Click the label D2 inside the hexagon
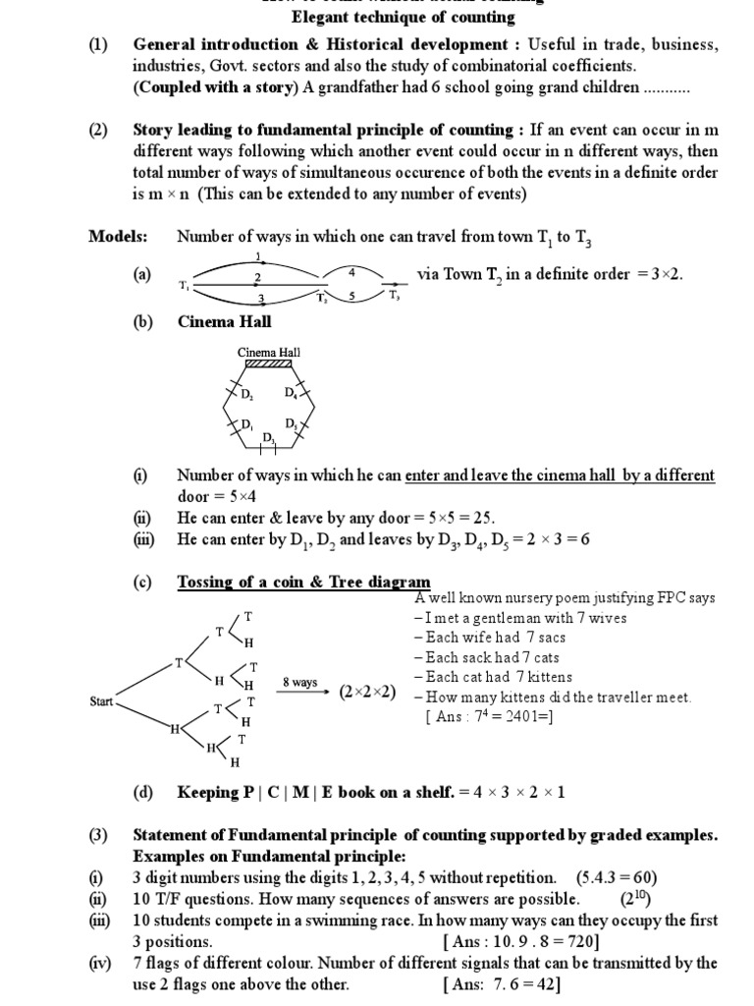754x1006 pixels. point(246,394)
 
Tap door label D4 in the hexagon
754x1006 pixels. point(292,393)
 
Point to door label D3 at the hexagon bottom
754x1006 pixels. point(269,438)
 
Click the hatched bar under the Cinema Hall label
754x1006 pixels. point(269,363)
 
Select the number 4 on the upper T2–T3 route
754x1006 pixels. point(351,270)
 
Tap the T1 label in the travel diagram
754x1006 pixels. point(184,285)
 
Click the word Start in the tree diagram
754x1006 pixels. point(102,702)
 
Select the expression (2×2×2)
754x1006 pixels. point(368,691)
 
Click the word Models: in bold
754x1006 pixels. point(118,237)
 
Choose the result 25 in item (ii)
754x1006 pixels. point(481,518)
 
